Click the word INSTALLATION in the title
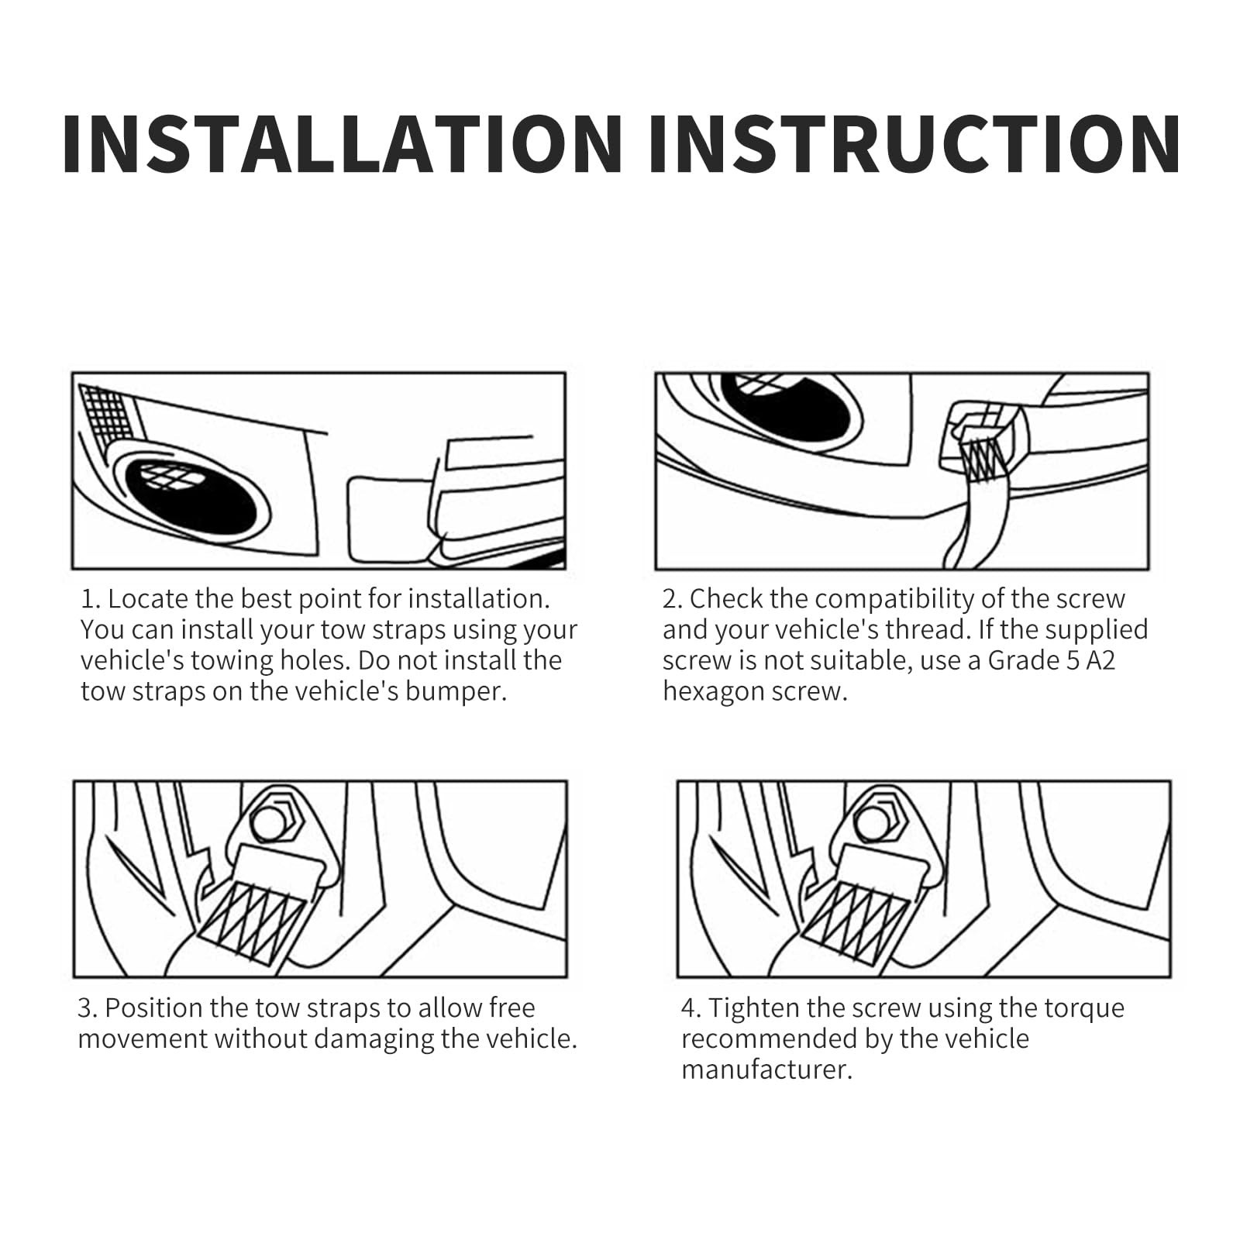click(343, 143)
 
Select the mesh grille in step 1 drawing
click(106, 419)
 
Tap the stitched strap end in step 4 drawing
click(857, 922)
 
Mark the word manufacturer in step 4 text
click(767, 1069)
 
